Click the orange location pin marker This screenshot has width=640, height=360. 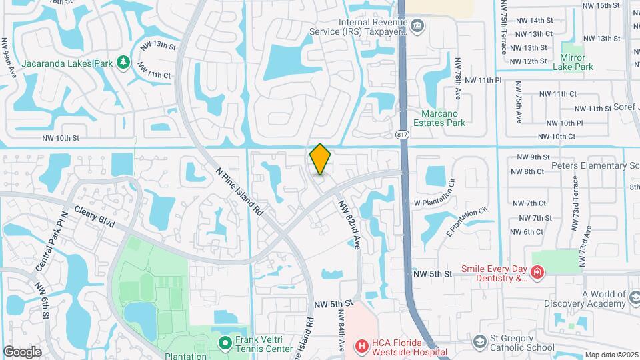tap(320, 159)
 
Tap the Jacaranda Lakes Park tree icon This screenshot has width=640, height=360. tap(123, 63)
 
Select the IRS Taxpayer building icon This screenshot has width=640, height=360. tap(418, 27)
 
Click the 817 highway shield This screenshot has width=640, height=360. tap(402, 135)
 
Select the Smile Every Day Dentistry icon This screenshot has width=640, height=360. tap(537, 273)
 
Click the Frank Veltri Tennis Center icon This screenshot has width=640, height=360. tap(225, 343)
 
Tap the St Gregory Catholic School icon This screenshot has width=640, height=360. tap(479, 343)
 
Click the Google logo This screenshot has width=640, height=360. tap(22, 351)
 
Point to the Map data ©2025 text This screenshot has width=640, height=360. tap(611, 355)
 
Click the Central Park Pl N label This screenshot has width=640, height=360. tap(52, 241)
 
